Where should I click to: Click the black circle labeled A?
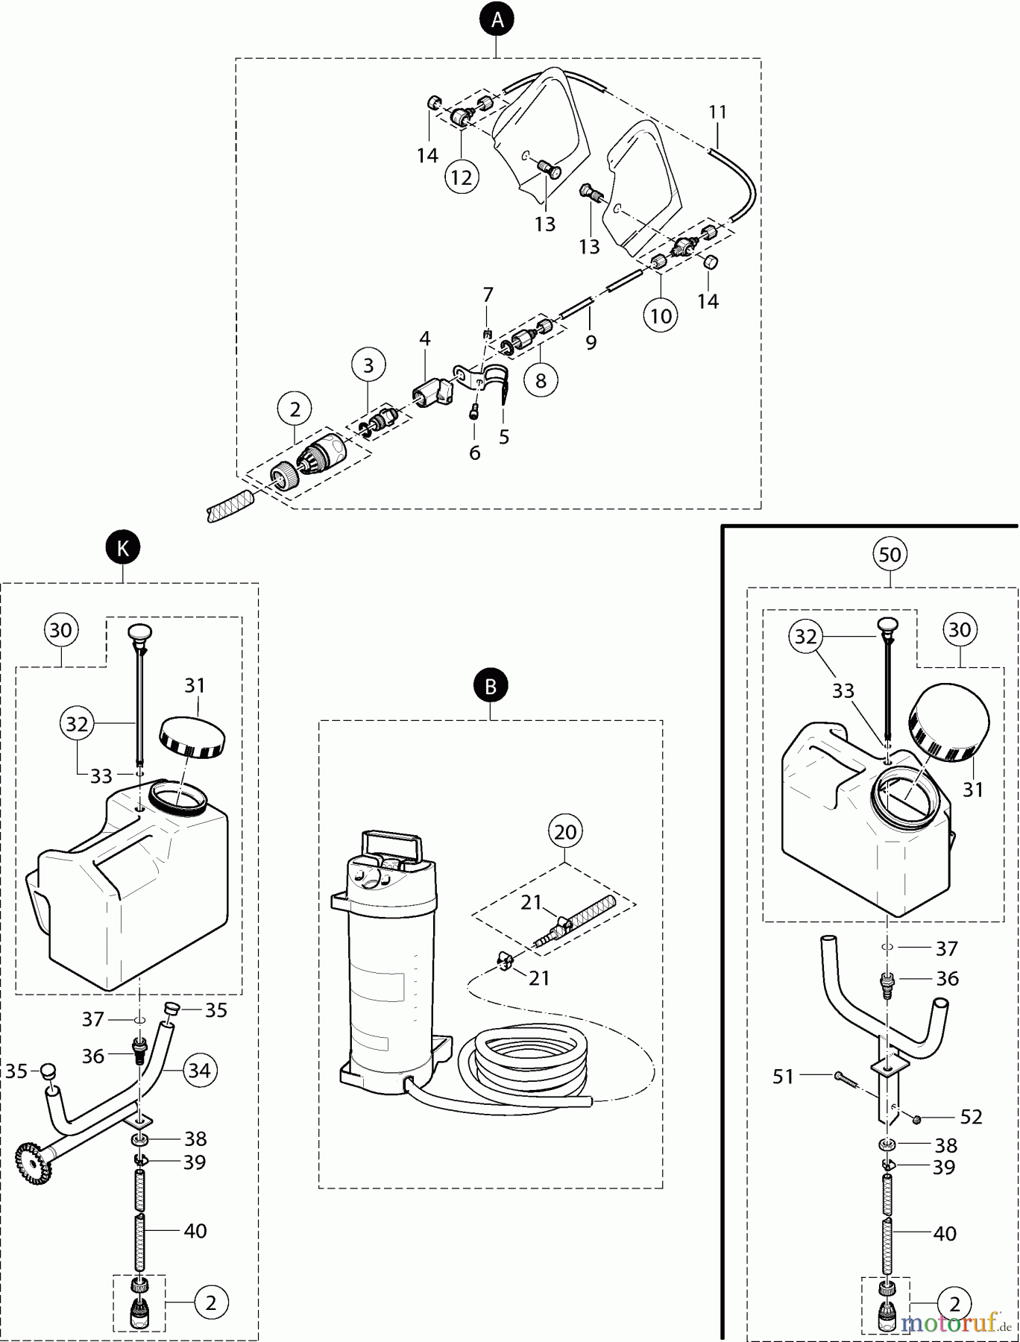click(497, 20)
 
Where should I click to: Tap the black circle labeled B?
click(491, 686)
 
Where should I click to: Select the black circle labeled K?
click(123, 549)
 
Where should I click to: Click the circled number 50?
click(890, 555)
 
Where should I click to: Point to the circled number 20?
click(566, 831)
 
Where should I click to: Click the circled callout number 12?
click(462, 177)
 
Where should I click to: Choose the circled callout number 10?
click(661, 316)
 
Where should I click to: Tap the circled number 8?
click(541, 381)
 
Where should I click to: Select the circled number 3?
click(368, 365)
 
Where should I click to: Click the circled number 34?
click(199, 1071)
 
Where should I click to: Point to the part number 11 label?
click(717, 113)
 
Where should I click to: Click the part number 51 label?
click(783, 1077)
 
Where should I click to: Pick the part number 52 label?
click(971, 1117)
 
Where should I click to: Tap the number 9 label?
click(591, 343)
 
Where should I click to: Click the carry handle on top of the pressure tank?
click(391, 847)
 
